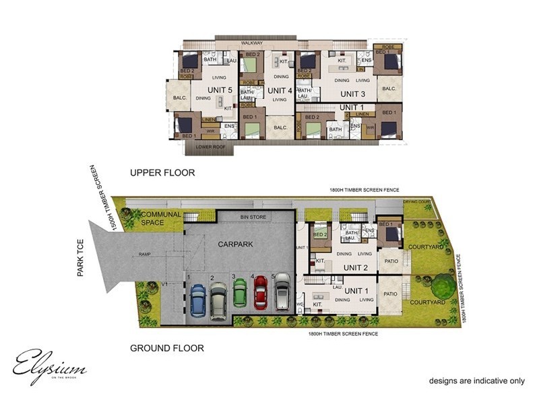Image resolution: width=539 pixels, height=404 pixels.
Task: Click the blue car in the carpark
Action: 197,300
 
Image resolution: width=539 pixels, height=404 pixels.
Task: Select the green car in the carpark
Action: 240,293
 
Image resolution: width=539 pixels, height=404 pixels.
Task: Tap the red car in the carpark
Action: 260,293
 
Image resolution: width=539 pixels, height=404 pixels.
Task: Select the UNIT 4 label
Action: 279,90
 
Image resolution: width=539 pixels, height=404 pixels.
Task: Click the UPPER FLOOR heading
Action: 162,173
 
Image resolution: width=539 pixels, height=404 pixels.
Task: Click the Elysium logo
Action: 49,366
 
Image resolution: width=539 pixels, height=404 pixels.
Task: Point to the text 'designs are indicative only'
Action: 476,381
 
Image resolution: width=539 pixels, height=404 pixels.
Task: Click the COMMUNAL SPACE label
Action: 160,219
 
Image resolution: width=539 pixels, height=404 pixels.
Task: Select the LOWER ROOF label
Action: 209,145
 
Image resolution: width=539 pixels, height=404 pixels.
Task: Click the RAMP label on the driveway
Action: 144,255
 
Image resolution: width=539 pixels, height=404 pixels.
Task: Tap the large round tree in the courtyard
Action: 443,282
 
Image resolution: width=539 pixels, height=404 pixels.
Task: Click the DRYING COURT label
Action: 416,201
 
